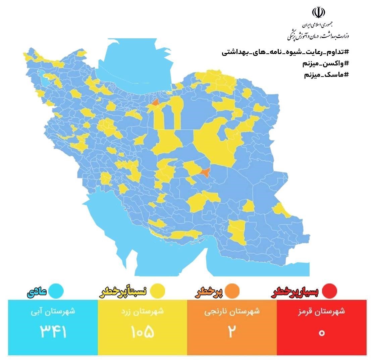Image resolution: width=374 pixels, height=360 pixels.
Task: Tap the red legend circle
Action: tap(329, 291)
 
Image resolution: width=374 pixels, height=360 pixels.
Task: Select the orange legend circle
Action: tap(232, 291)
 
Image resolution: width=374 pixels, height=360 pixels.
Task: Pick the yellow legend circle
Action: tap(157, 291)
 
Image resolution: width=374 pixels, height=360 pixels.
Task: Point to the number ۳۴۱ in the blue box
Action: tap(53, 332)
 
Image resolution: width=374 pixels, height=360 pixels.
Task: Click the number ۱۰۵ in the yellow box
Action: tap(143, 332)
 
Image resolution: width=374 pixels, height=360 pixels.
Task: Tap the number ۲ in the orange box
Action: tap(232, 332)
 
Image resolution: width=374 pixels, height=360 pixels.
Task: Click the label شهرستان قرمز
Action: tap(322, 311)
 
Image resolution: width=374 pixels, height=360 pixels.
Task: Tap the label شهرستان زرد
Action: tap(143, 311)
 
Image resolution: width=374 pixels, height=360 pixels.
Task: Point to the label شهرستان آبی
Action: tap(53, 311)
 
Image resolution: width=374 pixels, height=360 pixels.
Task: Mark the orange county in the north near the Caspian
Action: tap(155, 102)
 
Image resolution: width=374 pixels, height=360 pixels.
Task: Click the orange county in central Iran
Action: tap(205, 172)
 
